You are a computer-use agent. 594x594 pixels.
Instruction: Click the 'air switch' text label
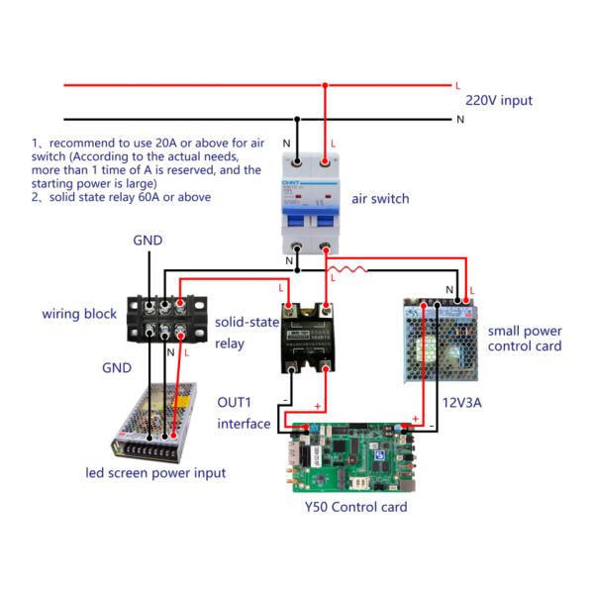pos(380,198)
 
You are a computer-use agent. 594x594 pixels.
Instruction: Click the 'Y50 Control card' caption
pos(356,508)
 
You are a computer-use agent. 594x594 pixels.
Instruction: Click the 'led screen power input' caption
pos(155,472)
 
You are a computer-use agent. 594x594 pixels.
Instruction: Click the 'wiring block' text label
pos(79,314)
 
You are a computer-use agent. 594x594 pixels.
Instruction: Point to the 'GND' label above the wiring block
pos(148,241)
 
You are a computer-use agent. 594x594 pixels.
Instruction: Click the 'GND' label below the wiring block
pos(119,366)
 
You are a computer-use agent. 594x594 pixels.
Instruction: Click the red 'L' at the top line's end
pos(457,85)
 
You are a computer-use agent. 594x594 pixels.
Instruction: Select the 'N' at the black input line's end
pos(460,119)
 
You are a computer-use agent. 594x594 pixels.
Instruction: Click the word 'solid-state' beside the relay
pos(247,324)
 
